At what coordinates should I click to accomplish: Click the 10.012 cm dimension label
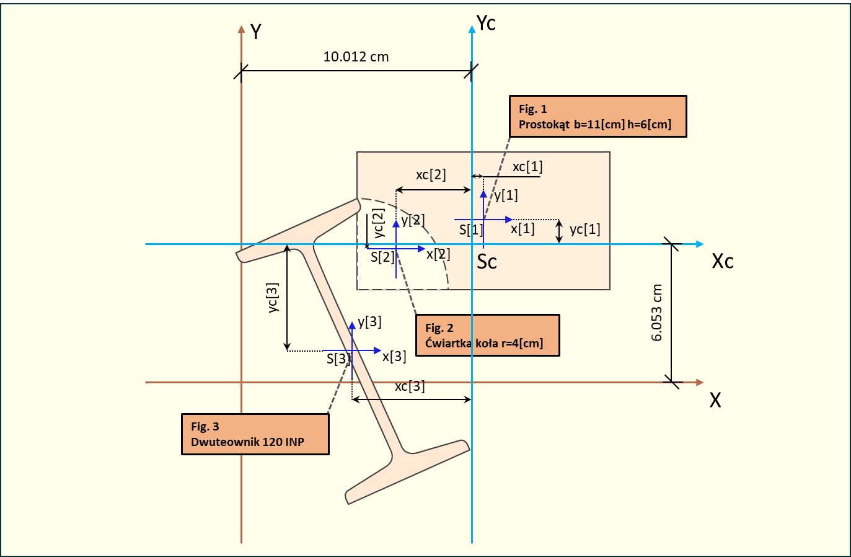click(x=356, y=57)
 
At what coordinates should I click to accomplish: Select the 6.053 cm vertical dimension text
click(x=657, y=313)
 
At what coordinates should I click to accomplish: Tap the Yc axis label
click(x=486, y=23)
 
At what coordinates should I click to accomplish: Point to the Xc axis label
click(x=723, y=261)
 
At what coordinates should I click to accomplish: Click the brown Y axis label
click(x=255, y=32)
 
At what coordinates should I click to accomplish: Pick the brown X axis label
click(x=715, y=400)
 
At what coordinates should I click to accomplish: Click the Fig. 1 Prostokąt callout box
click(x=597, y=117)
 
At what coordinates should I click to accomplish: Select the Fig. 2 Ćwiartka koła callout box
click(x=487, y=336)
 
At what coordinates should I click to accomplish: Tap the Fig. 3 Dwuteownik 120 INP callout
click(x=255, y=434)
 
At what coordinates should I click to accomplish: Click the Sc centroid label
click(x=487, y=262)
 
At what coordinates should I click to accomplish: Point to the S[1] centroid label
click(x=470, y=230)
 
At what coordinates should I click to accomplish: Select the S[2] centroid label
click(x=382, y=257)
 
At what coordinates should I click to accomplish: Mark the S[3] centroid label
click(x=338, y=359)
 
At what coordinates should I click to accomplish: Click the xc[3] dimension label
click(x=410, y=386)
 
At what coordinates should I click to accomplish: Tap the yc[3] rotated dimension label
click(x=273, y=298)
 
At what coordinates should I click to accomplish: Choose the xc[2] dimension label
click(x=431, y=175)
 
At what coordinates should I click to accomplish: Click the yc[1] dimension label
click(x=584, y=229)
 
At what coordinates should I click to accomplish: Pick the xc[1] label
click(x=527, y=167)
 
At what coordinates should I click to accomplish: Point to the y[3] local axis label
click(x=369, y=322)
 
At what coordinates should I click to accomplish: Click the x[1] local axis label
click(x=523, y=229)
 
